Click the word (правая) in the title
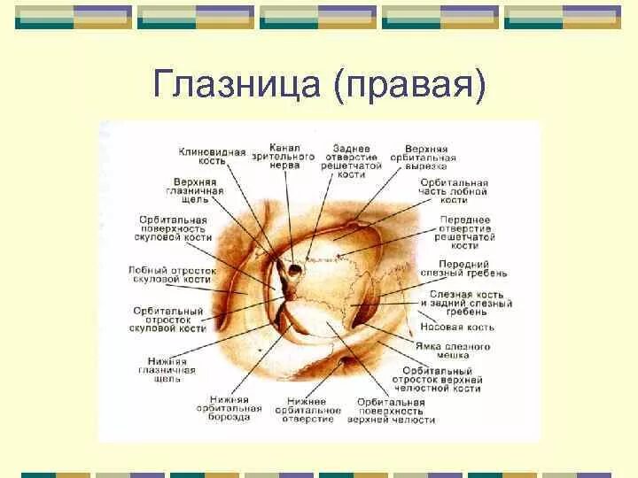pos(408,87)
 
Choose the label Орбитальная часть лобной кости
pos(452,192)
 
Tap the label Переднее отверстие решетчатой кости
pos(464,232)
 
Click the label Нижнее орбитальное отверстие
pos(308,409)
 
